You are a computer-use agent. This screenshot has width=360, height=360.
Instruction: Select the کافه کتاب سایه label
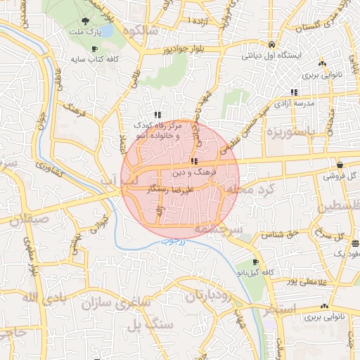pos(94,59)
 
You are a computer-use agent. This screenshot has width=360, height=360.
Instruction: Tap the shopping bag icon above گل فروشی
pos(340,164)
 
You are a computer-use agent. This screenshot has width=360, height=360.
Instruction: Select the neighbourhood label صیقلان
pos(22,218)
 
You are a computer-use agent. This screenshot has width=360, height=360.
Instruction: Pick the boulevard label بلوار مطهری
pos(32,261)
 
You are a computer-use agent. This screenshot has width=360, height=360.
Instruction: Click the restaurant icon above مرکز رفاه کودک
pos(159,115)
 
